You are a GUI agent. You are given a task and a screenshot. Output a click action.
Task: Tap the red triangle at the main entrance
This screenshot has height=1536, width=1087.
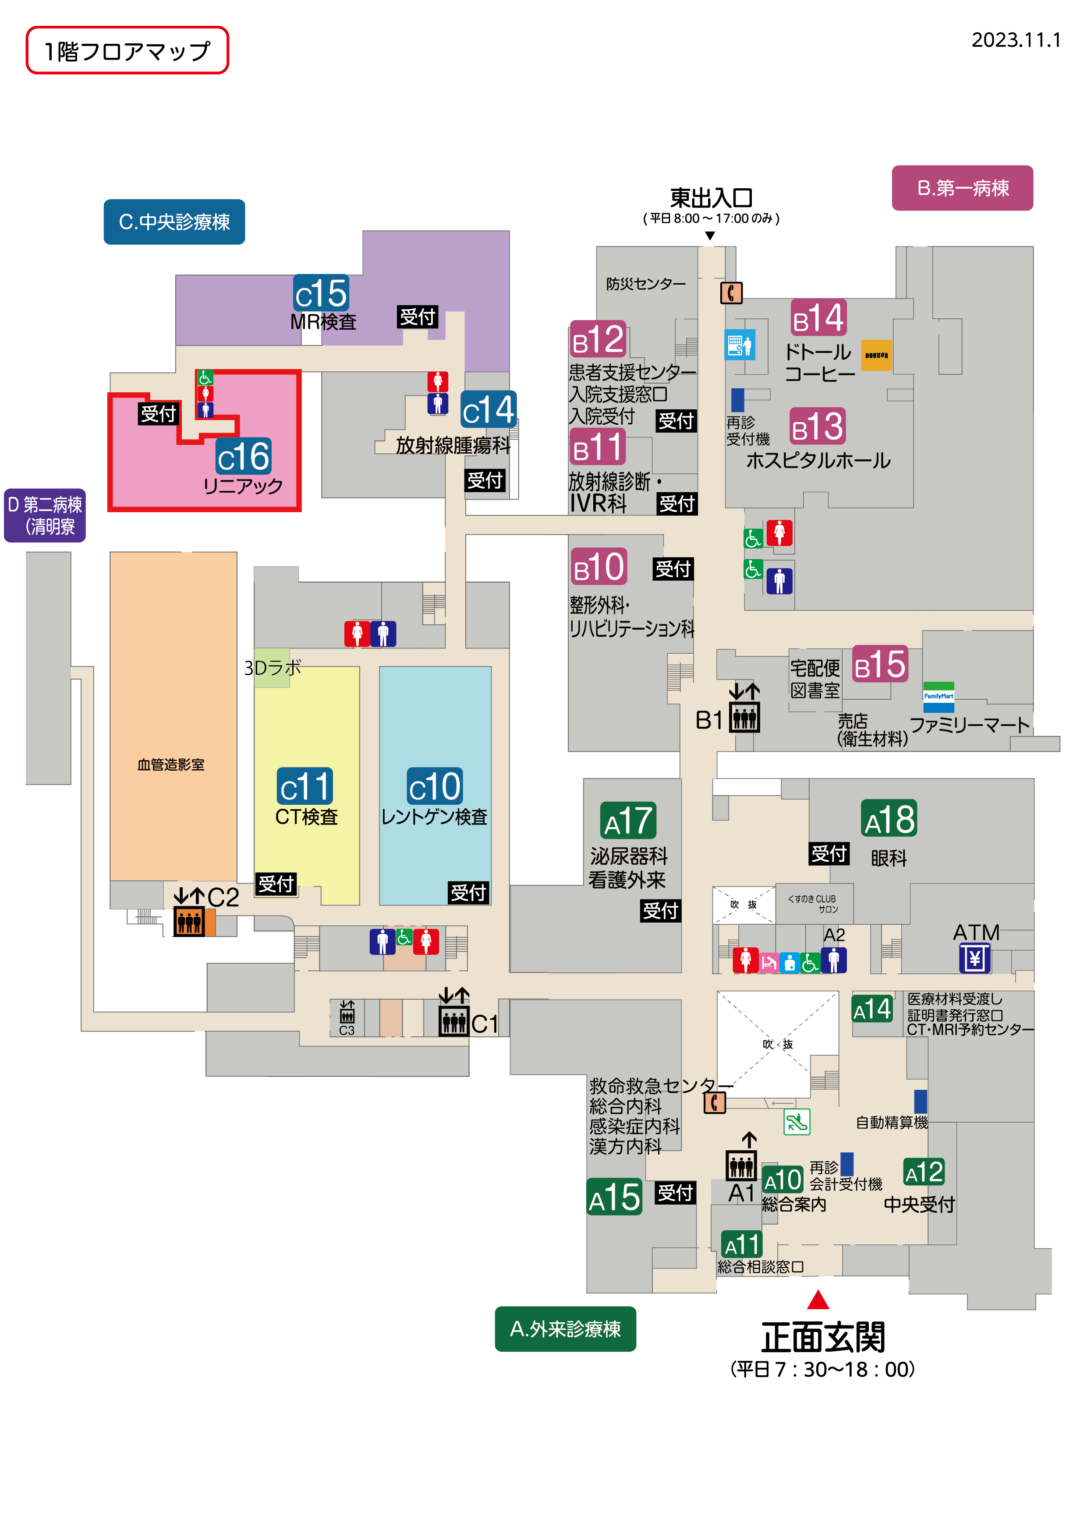coord(818,1300)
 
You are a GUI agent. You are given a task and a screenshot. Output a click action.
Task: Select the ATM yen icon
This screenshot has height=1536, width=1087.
coord(974,958)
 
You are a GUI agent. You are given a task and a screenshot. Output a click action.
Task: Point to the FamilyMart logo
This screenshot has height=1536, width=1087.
coord(938,697)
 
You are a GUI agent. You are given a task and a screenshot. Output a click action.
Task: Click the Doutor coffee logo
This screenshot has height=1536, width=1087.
coord(876,355)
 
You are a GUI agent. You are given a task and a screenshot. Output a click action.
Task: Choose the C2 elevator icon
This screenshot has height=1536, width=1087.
coord(189,921)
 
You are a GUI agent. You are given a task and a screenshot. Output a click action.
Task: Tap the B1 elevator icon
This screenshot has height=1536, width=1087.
coord(744,717)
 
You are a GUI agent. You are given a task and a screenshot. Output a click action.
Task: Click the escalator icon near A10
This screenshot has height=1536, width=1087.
coord(797,1122)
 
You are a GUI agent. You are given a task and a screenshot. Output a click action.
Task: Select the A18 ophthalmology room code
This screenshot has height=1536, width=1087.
coord(889,818)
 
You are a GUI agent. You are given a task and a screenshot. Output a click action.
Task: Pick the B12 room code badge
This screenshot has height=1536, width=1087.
coord(598,339)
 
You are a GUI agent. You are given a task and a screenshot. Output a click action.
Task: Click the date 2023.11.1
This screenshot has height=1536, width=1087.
coord(1016,40)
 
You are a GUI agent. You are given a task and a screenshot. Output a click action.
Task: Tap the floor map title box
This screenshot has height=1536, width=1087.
coord(127,50)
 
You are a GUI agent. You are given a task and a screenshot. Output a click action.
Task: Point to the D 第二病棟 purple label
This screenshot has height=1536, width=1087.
coord(45,515)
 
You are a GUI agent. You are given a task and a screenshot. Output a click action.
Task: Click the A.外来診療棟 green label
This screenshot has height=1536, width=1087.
coord(566,1328)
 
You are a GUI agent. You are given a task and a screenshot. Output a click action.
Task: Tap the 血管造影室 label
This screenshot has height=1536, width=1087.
coord(171,764)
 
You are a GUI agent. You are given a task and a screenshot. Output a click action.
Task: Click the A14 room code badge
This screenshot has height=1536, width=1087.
coord(872,1009)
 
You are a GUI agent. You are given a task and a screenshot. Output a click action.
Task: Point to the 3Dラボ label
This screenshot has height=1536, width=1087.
coord(273,668)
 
